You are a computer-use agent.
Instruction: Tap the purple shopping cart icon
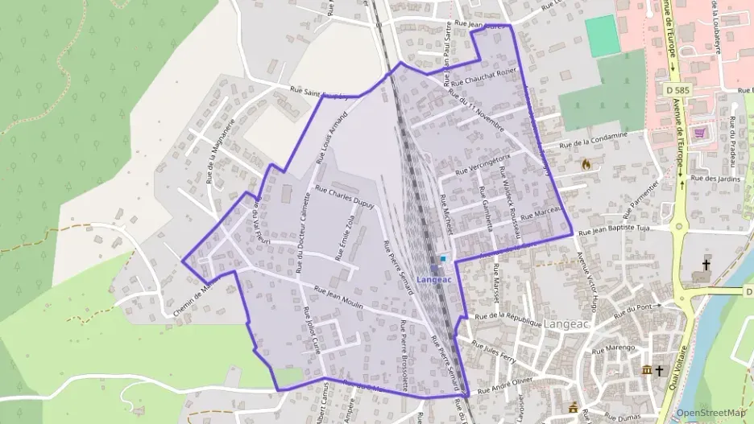(x=699, y=133)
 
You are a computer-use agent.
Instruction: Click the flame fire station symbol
(x=586, y=164)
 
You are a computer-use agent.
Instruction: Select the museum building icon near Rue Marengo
(x=645, y=369)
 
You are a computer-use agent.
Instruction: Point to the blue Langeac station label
(x=435, y=278)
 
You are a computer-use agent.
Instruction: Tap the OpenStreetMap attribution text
(x=710, y=413)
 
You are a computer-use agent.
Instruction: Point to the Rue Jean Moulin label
(x=338, y=298)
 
